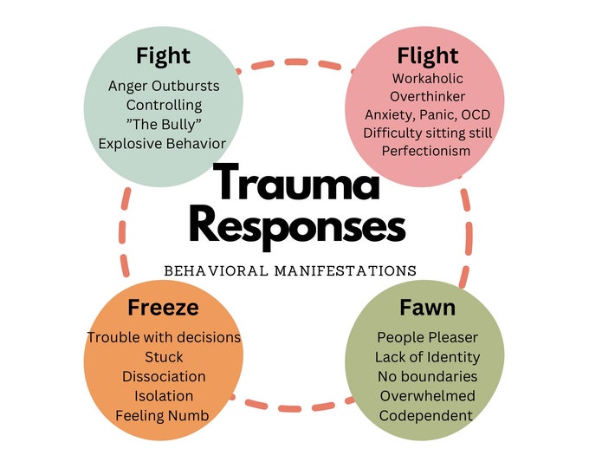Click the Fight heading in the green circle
pyautogui.click(x=164, y=57)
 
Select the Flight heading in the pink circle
pyautogui.click(x=428, y=56)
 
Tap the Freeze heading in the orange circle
pyautogui.click(x=163, y=308)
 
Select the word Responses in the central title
pyautogui.click(x=297, y=227)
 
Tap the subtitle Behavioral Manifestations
pyautogui.click(x=290, y=270)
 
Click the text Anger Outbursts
pyautogui.click(x=164, y=86)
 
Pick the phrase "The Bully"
pyautogui.click(x=164, y=124)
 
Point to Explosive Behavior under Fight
pyautogui.click(x=164, y=143)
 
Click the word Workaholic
pyautogui.click(x=428, y=77)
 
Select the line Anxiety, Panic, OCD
pyautogui.click(x=428, y=114)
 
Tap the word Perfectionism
pyautogui.click(x=428, y=152)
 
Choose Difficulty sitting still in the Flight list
pyautogui.click(x=428, y=133)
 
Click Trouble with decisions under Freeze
pyautogui.click(x=164, y=337)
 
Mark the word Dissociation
pyautogui.click(x=164, y=376)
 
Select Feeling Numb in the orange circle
pyautogui.click(x=164, y=414)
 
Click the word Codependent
pyautogui.click(x=426, y=415)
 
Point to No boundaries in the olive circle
pyautogui.click(x=426, y=376)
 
